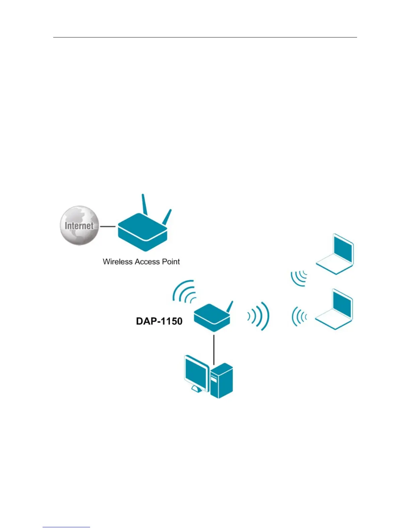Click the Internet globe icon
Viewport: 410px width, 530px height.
click(79, 226)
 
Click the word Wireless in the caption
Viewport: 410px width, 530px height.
click(118, 262)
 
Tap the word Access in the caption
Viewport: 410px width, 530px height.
click(147, 262)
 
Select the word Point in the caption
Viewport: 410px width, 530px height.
click(171, 262)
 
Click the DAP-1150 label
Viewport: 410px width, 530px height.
click(159, 321)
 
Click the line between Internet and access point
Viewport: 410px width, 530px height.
click(108, 227)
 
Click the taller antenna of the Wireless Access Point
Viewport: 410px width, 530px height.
click(144, 204)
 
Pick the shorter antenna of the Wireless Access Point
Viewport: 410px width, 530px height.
click(167, 217)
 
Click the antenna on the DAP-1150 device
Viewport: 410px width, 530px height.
click(230, 306)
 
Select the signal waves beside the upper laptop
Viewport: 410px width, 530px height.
click(299, 278)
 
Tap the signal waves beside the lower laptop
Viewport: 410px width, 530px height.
click(299, 316)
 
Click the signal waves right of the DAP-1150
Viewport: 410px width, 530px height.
click(259, 316)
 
